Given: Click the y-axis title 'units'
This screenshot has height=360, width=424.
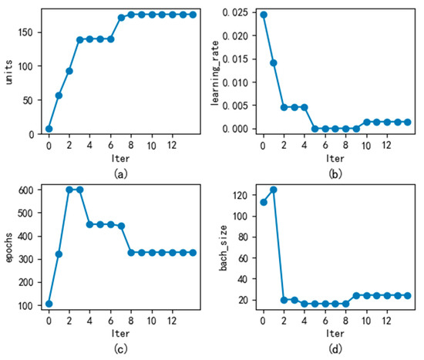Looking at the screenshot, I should coord(8,70).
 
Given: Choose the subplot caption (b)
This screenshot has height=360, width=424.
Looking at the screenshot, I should coord(335,174).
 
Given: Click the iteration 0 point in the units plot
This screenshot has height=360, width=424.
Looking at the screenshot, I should coord(49,129).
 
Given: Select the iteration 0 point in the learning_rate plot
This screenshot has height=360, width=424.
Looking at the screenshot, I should coord(263,15).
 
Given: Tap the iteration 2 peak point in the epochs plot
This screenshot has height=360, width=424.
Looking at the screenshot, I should coord(69,190).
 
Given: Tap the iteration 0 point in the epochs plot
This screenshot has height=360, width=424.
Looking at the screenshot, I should coord(49,303).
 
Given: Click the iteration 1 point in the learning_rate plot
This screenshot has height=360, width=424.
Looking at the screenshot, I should coord(273,63).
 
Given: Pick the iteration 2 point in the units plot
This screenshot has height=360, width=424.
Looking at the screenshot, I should coord(69,71).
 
